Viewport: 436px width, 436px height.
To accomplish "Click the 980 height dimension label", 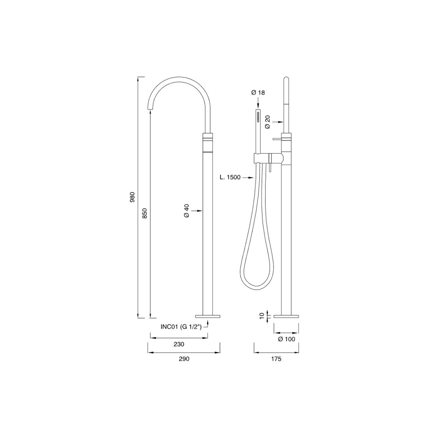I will coord(132,197).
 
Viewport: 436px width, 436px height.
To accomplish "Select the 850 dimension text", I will coord(145,213).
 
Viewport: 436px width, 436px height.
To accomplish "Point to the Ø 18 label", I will coord(258,93).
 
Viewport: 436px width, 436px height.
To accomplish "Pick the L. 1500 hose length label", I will coord(230,177).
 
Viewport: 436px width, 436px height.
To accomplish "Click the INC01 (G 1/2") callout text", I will coord(181,327).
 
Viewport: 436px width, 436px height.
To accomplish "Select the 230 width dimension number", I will coord(179,344).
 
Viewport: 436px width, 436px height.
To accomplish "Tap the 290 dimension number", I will coord(184,359).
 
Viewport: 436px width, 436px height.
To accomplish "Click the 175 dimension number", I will coord(276,359).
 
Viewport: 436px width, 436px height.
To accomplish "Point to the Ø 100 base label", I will coord(286,339).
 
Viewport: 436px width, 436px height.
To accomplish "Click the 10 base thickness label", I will coord(262,316).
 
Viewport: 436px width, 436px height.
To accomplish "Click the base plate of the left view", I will coord(208,316).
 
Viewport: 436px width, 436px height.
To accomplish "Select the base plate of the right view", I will coord(286,316).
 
